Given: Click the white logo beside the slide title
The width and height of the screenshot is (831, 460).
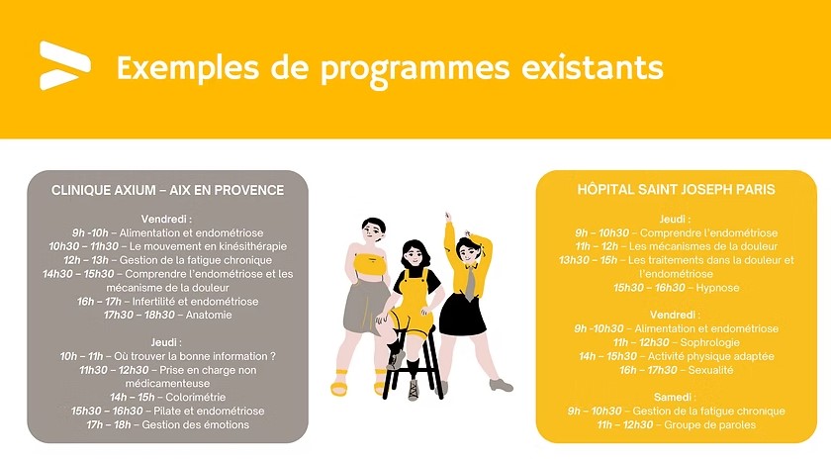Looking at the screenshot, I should tap(64, 65).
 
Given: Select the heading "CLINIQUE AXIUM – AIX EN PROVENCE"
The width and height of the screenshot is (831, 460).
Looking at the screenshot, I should tap(167, 190).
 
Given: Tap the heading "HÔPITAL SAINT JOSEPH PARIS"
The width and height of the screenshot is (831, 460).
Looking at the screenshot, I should tap(676, 189).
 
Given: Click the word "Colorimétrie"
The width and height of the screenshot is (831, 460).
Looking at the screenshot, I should tap(184, 397).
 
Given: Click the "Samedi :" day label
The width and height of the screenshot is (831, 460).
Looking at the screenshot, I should tap(676, 397).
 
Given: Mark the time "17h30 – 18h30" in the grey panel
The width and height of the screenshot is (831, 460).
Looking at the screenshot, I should tap(139, 315).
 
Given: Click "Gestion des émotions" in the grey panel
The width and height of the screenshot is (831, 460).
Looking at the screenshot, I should tap(194, 424).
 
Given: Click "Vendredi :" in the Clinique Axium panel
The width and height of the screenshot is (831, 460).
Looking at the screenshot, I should tap(166, 218).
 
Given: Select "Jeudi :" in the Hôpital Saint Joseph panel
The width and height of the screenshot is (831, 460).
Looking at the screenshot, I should tap(676, 219).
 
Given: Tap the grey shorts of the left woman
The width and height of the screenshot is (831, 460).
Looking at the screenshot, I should tap(358, 307).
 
